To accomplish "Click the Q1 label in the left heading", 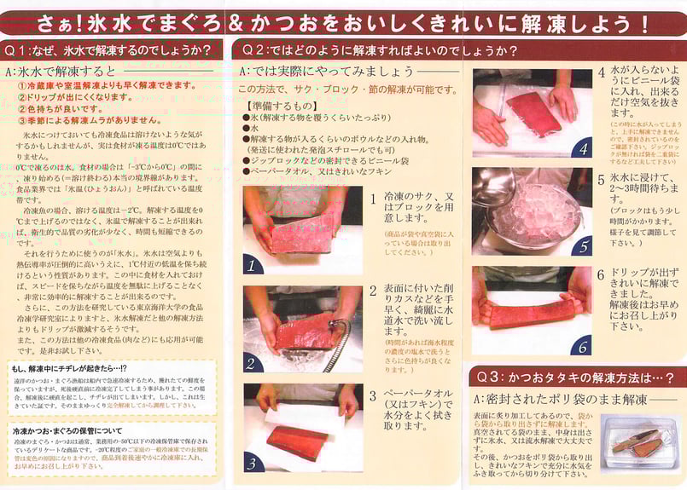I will pyautogui.click(x=19, y=50).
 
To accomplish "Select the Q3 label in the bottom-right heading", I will pyautogui.click(x=490, y=376).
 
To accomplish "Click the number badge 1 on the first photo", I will pyautogui.click(x=253, y=265).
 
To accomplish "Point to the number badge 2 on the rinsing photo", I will pyautogui.click(x=253, y=363).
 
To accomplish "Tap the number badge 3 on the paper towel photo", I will pyautogui.click(x=253, y=463).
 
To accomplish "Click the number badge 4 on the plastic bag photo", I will pyautogui.click(x=583, y=148).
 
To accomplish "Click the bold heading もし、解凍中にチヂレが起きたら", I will pyautogui.click(x=68, y=368).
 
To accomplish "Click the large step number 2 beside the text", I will pyautogui.click(x=373, y=291).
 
